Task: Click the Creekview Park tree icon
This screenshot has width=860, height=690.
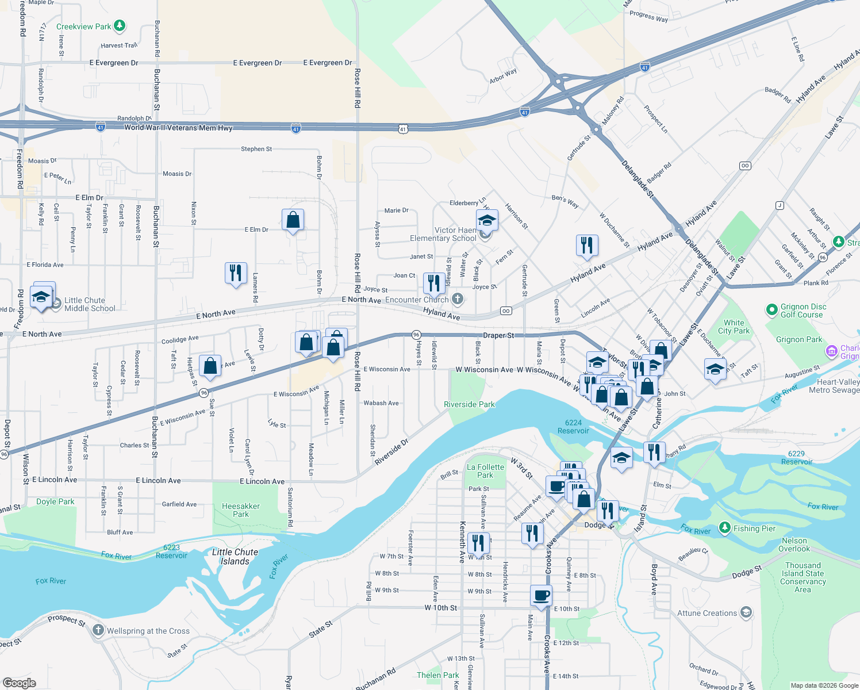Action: tap(120, 26)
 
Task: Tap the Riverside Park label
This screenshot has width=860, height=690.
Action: tap(469, 404)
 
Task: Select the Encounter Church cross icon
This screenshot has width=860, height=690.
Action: tap(458, 298)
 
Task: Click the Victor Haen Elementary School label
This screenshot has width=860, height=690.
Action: tap(443, 234)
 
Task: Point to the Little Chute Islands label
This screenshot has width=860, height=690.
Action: tap(235, 557)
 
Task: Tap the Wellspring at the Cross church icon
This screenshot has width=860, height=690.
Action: tap(98, 631)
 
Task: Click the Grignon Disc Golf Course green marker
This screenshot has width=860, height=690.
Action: tap(772, 310)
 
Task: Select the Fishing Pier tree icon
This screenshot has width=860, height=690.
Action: tap(725, 528)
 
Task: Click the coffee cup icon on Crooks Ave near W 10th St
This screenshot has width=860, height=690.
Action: tap(540, 595)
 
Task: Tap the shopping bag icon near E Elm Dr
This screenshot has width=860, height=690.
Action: tap(293, 220)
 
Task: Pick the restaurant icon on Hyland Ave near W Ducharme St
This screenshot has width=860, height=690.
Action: tap(587, 245)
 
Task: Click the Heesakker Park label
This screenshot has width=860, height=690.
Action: tap(241, 510)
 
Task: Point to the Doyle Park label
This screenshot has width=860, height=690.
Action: tap(55, 501)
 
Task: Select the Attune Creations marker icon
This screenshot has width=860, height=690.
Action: tap(746, 612)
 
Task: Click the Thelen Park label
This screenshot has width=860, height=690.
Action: tap(438, 675)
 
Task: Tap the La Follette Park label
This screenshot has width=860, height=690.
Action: tap(485, 471)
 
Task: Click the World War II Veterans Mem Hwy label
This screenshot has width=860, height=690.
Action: tap(178, 128)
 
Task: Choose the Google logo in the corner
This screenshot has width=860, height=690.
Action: tap(20, 683)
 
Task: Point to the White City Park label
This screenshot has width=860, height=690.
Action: tap(734, 327)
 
